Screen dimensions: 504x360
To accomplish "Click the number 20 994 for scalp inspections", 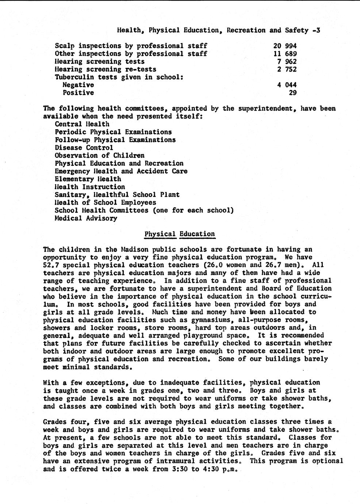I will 285,46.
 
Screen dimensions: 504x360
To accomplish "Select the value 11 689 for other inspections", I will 285,54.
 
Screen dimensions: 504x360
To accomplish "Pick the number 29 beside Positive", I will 292,93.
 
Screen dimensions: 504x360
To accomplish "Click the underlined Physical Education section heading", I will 180,234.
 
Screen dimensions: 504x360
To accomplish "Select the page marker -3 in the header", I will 316,30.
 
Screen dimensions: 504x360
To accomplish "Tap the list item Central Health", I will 82,124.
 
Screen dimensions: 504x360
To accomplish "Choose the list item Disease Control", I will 84,148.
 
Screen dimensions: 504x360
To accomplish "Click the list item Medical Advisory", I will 86,218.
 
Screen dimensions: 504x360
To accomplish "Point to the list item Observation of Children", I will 99,156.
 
